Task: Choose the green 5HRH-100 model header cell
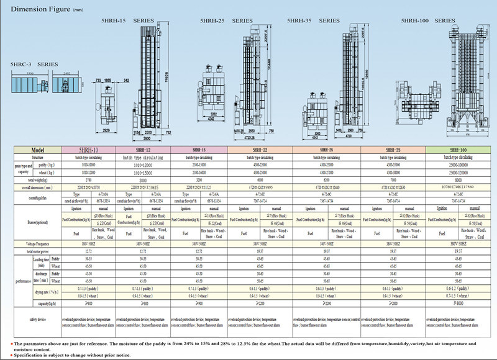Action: point(460,150)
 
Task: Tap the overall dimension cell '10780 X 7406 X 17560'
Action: point(460,186)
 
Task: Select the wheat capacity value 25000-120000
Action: point(460,171)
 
